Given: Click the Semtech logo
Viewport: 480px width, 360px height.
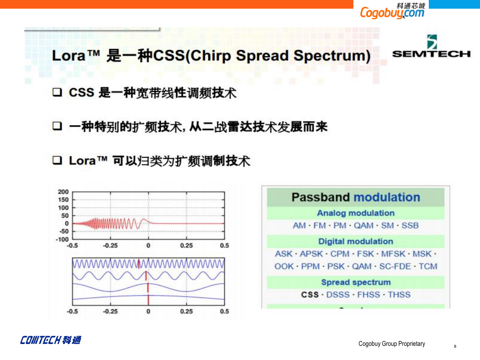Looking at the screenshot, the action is tap(431, 46).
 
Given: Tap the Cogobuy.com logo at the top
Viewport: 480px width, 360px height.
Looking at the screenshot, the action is tap(393, 11).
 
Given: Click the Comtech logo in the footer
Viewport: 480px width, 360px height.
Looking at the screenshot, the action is tap(50, 340).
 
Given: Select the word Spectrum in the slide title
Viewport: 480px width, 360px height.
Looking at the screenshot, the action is tap(332, 56).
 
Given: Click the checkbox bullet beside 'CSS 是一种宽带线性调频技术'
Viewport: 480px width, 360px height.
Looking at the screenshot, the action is tap(57, 92).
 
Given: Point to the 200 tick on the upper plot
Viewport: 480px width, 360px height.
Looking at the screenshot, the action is tap(63, 192).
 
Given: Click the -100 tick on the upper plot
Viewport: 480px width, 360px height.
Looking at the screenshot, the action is tap(62, 239).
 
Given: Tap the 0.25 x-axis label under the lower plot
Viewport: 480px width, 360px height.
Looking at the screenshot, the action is tap(187, 312).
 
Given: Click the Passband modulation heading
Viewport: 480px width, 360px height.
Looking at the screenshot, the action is tap(356, 197).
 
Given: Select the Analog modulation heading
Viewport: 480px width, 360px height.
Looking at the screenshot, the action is tap(356, 213).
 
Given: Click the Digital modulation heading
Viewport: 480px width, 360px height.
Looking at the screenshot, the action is tap(356, 241).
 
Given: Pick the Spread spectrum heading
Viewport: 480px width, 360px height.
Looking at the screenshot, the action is tap(356, 282).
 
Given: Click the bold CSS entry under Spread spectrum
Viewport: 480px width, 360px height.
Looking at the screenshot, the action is tap(310, 295).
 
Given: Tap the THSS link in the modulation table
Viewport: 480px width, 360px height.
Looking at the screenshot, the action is tap(399, 295).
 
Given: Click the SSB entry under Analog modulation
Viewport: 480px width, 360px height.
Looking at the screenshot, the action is tap(410, 225).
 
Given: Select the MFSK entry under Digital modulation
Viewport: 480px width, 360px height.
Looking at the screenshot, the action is tap(393, 254).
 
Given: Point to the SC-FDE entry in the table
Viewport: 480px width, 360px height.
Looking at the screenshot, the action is tap(395, 266).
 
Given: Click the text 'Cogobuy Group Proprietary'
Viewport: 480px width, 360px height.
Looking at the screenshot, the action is tap(391, 344).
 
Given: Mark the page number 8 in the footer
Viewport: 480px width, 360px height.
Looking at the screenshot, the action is tap(455, 346).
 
